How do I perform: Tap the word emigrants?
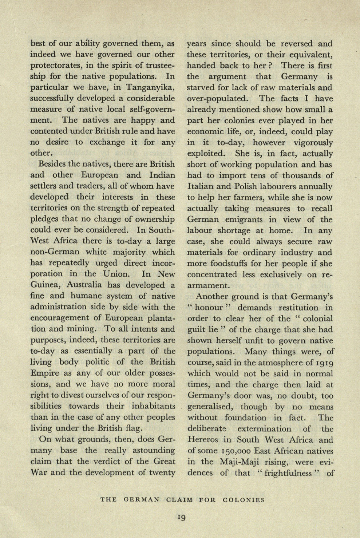click(x=245, y=219)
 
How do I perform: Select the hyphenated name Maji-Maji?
click(x=238, y=462)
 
